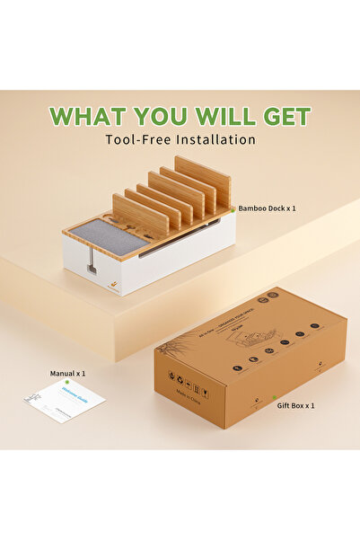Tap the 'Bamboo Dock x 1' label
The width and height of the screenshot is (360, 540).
[x=268, y=208]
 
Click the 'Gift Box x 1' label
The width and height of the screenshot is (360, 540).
[x=296, y=405]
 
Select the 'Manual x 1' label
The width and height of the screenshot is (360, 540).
[x=68, y=372]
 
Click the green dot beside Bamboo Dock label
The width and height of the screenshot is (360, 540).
[x=233, y=208]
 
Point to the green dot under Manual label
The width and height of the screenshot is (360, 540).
[x=66, y=382]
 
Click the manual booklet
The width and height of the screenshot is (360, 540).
[x=65, y=401]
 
